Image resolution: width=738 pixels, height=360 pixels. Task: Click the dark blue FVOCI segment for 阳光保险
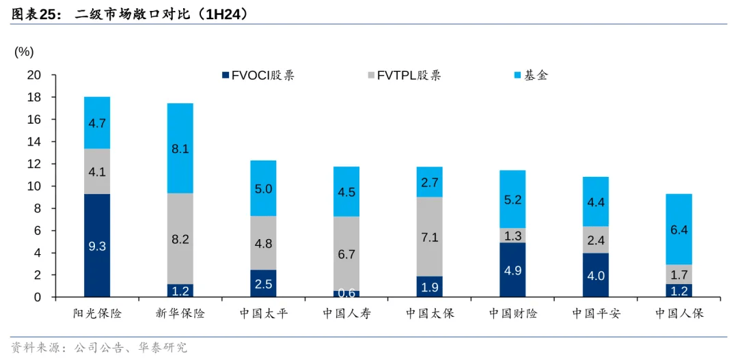97,246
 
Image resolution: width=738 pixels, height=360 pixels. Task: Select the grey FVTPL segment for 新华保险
180,239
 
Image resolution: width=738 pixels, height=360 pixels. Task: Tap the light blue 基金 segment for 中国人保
679,230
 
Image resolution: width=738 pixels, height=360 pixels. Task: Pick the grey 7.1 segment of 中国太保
430,237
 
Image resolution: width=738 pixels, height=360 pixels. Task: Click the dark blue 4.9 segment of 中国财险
512,271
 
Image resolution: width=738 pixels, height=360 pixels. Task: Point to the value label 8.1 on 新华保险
180,149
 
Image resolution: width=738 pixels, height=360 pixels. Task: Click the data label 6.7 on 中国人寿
346,254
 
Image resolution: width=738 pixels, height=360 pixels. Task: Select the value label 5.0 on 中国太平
264,189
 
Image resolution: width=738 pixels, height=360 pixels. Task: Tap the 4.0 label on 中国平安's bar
596,276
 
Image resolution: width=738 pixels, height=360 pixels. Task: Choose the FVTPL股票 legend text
409,75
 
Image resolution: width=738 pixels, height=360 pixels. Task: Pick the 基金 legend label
536,75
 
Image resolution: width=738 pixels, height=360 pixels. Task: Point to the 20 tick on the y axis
33,75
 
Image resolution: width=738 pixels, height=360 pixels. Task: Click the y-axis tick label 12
33,164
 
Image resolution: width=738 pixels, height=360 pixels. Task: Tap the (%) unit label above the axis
24,52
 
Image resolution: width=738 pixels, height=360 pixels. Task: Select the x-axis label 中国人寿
346,314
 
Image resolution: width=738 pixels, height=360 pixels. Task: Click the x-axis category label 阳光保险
97,314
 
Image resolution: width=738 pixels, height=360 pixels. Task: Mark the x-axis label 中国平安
596,314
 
